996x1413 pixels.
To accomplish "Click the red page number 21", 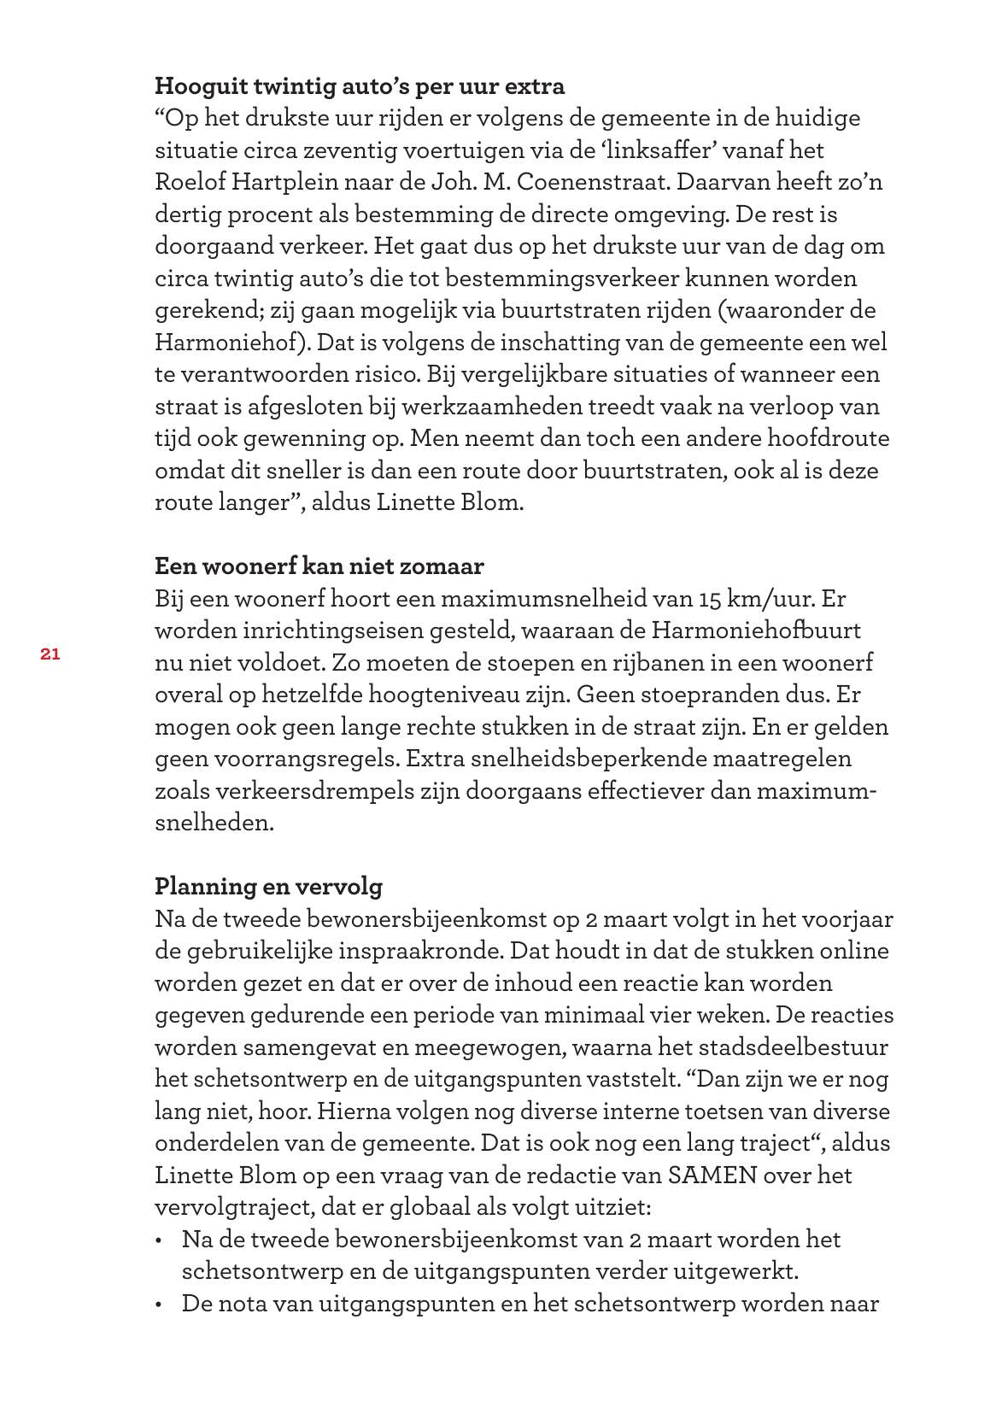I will pyautogui.click(x=49, y=654).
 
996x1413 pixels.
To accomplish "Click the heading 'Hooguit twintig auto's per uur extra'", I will pyautogui.click(x=360, y=86).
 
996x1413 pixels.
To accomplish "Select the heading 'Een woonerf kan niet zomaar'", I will pyautogui.click(x=319, y=566).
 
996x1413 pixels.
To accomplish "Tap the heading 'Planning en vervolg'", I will pyautogui.click(x=268, y=887).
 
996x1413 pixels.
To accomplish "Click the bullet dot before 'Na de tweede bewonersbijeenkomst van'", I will pyautogui.click(x=160, y=1240).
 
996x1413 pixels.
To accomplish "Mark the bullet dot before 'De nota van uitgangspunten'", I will pyautogui.click(x=160, y=1305).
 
